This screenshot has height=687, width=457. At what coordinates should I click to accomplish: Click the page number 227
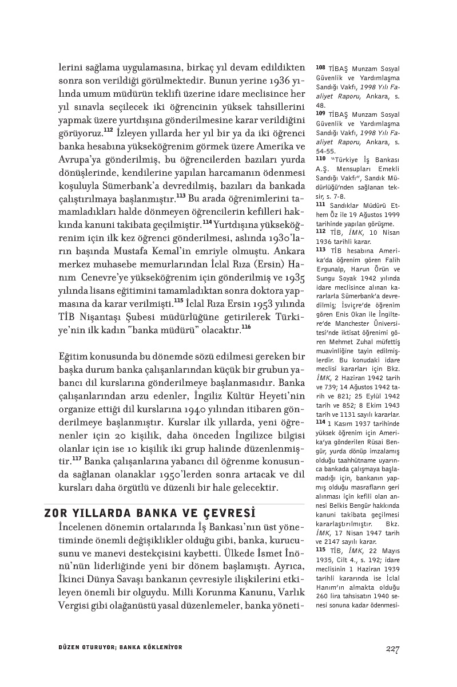click(x=392, y=649)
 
